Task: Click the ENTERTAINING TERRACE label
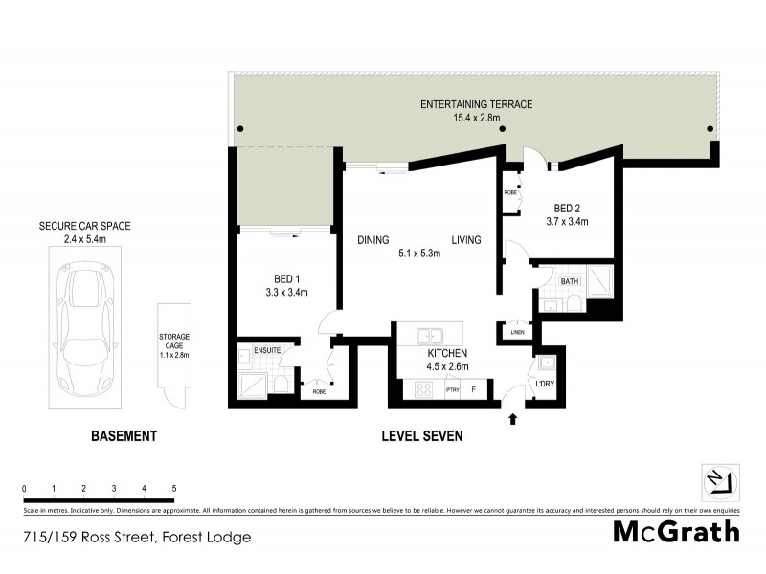(x=477, y=104)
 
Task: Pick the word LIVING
(x=466, y=240)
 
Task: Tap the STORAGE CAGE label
(x=175, y=342)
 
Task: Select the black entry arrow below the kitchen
(x=510, y=417)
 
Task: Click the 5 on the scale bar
(x=174, y=489)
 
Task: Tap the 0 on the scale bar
(x=24, y=489)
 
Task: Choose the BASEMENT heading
(x=124, y=436)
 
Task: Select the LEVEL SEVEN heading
(x=422, y=436)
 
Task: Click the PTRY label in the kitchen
(x=452, y=389)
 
